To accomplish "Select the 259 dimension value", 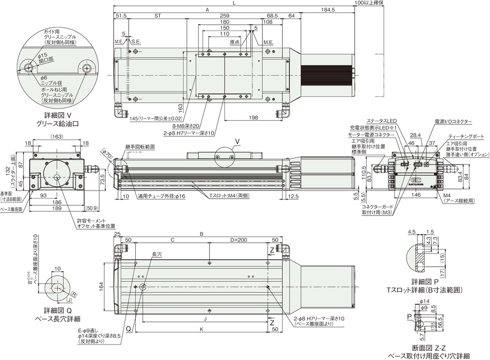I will (224, 15).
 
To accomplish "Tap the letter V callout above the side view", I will (237, 142).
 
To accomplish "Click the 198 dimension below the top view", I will (253, 117).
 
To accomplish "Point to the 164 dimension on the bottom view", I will (101, 284).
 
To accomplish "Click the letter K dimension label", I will (202, 329).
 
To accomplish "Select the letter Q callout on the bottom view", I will (127, 329).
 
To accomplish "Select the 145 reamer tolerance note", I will (156, 119).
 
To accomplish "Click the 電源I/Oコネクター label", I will (453, 121).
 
